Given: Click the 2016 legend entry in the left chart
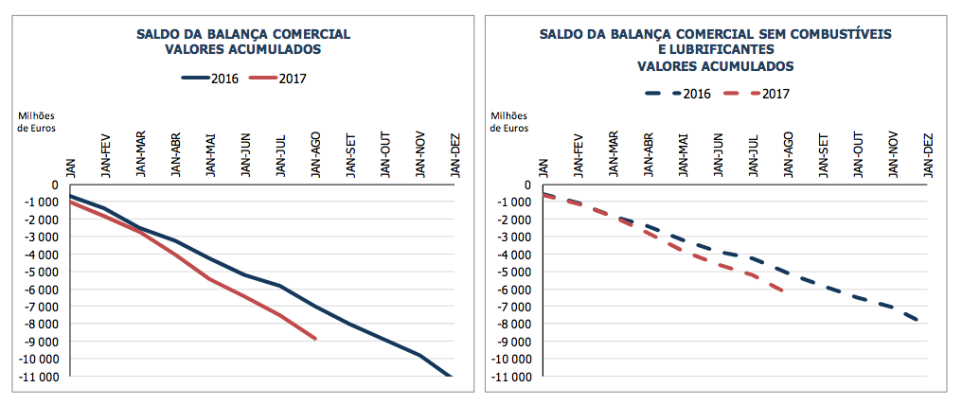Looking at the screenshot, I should point(210,78).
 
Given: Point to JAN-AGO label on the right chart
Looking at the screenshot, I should point(788,157).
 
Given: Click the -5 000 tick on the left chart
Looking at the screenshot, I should point(40,272).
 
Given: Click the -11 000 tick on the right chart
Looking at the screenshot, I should point(512,377).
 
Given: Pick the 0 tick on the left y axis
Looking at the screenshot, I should point(55,185).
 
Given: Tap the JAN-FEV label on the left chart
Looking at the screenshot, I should point(105,157).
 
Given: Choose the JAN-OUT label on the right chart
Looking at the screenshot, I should point(858,157).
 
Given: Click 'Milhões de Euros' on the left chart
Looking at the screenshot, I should point(37,121).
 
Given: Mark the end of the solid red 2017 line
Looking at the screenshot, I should point(315,339).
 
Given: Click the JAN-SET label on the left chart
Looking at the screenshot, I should point(350,157).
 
